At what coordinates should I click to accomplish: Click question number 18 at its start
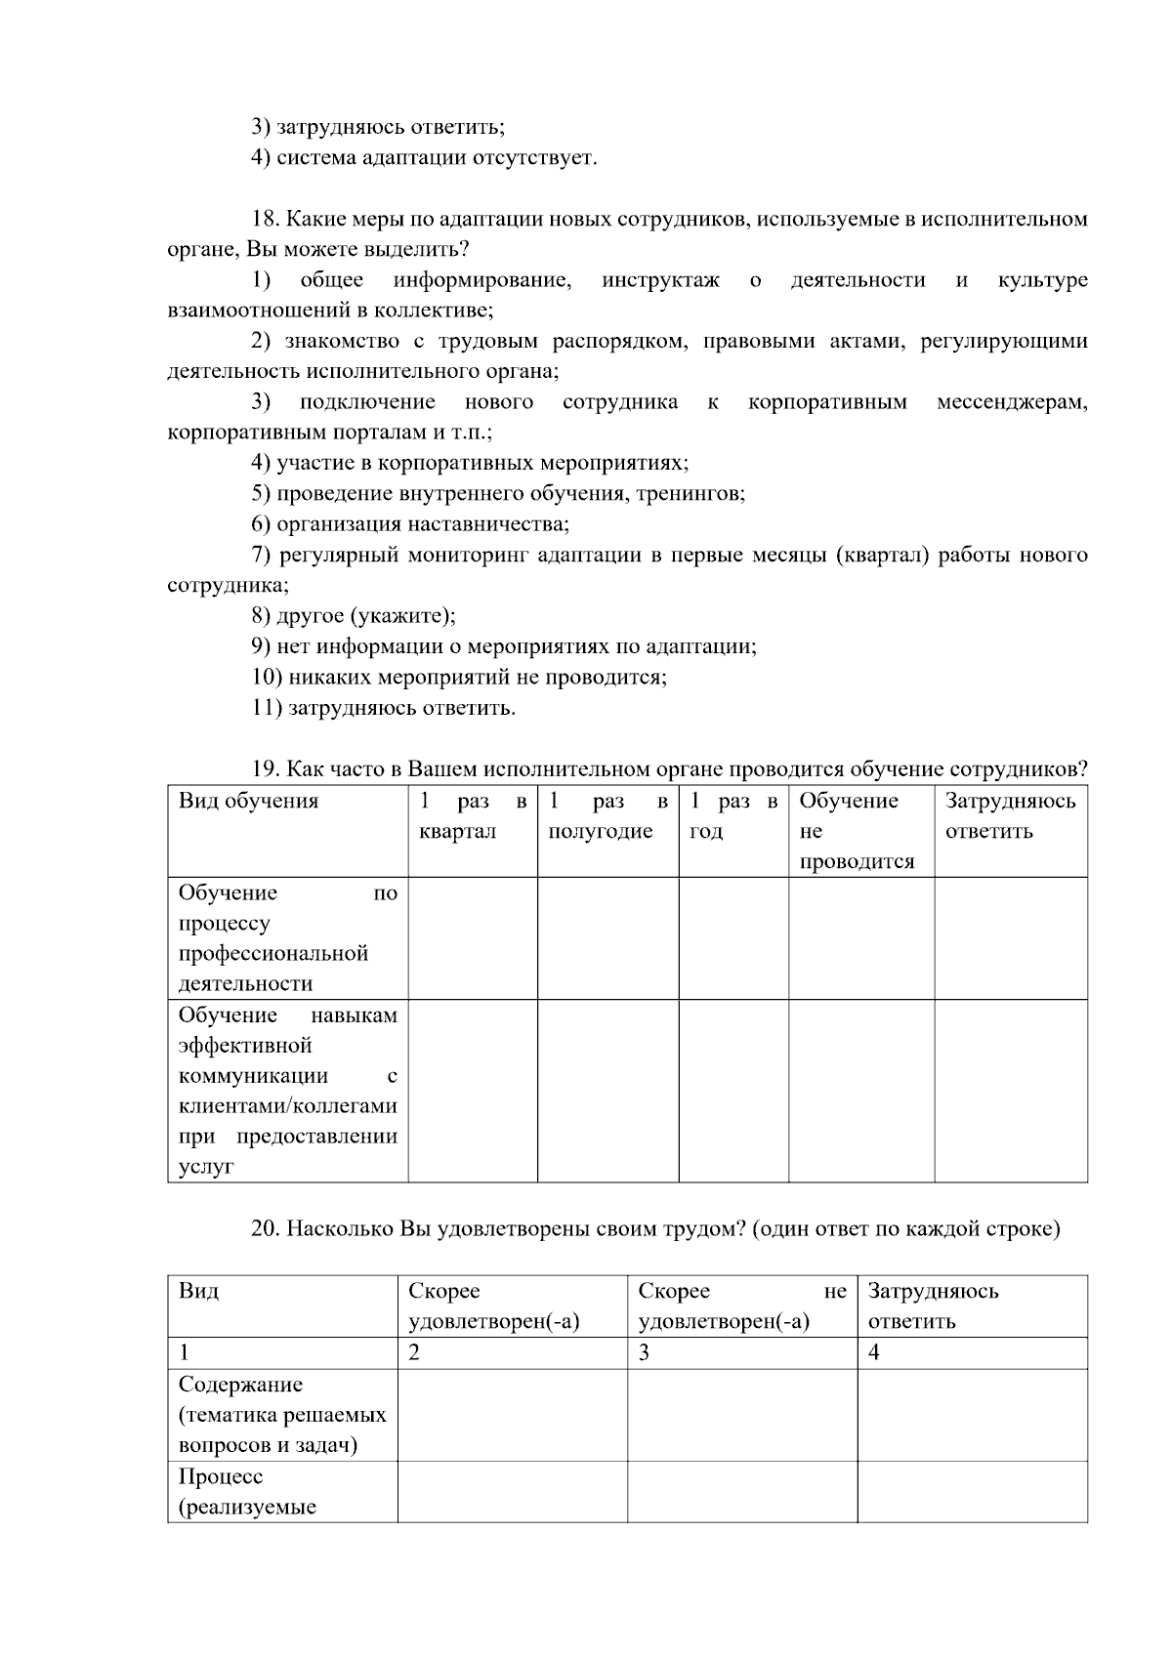266,220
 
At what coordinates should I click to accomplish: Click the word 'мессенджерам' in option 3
1011,402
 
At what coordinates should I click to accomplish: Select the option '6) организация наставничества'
410,524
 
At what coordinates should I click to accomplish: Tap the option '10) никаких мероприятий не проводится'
459,677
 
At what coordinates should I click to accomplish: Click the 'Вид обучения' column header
248,802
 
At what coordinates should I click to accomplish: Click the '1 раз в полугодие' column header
607,816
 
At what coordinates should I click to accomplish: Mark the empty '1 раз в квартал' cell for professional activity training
473,937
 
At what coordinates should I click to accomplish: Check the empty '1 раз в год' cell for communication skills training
733,1090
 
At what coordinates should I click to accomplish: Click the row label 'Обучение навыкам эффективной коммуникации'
287,1090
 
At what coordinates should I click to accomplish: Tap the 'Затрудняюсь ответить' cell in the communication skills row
1011,1090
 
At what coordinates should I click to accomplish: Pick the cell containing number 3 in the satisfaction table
742,1353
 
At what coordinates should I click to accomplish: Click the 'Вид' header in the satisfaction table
199,1291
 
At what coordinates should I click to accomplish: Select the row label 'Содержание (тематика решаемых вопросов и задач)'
282,1415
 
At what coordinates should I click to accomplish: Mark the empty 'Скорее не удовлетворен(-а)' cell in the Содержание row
742,1415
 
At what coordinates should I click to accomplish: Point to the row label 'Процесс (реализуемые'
248,1491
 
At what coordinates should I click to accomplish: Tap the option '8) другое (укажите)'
354,616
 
